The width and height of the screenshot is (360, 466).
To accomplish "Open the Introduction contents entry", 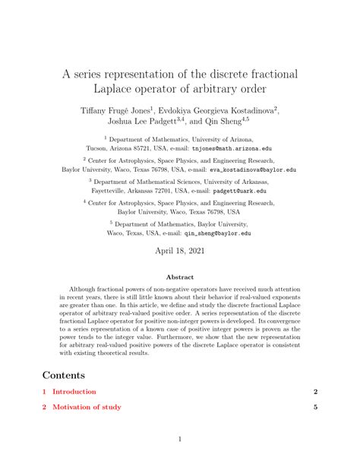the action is click(74, 392).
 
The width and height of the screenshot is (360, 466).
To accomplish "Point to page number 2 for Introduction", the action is click(314, 392).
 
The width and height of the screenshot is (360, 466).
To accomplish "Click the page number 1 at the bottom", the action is click(180, 439).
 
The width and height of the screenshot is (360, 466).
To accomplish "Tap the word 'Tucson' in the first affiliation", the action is click(99, 149).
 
